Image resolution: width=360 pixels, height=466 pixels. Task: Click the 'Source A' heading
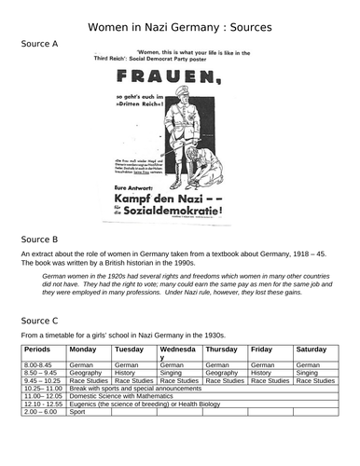(37, 44)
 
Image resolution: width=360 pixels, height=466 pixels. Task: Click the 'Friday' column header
(261, 350)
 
